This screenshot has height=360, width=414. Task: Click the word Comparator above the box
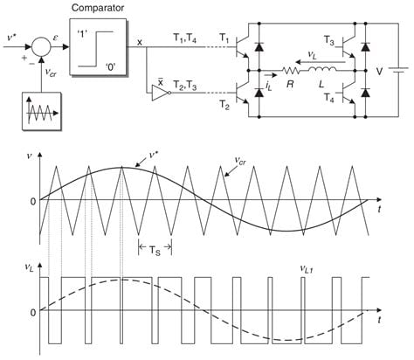point(98,8)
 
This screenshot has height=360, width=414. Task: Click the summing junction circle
point(41,46)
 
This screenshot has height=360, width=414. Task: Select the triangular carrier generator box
point(42,111)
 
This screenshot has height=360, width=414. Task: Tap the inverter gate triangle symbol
point(161,93)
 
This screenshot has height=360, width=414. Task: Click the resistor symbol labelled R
point(290,70)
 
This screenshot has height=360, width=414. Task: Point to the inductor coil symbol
point(321,69)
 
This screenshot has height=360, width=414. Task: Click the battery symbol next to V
point(398,70)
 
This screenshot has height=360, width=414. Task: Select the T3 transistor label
point(329,41)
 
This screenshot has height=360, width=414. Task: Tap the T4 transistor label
point(329,98)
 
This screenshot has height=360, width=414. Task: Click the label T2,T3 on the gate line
point(185,86)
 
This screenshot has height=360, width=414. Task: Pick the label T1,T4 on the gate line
point(185,38)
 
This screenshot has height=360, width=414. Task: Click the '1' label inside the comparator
point(80,35)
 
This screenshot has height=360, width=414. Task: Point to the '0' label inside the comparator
point(111,67)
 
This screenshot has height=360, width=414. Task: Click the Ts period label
point(155,250)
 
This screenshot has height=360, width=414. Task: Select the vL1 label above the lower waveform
point(307,269)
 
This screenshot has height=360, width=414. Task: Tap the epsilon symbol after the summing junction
point(56,38)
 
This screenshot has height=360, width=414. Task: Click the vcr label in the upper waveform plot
point(240,161)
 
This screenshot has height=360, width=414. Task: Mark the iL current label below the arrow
point(268,87)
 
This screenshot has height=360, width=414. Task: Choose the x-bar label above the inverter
point(160,82)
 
